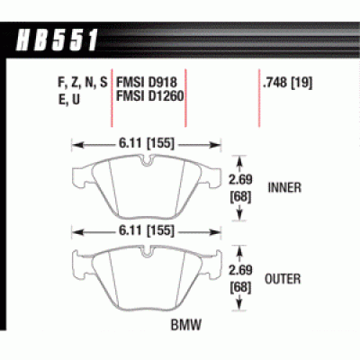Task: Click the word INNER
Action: click(287, 188)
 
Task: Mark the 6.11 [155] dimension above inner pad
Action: click(146, 143)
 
